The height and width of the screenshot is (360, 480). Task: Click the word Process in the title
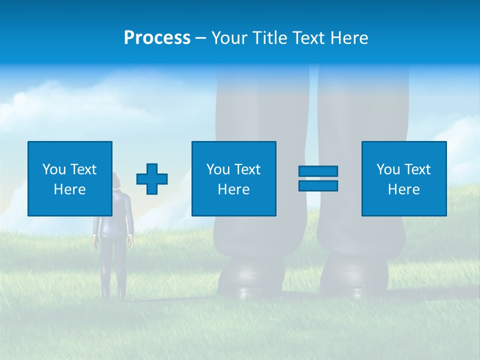pyautogui.click(x=157, y=38)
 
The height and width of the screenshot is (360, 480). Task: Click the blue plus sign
pyautogui.click(x=152, y=179)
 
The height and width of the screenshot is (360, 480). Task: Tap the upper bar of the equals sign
pyautogui.click(x=318, y=171)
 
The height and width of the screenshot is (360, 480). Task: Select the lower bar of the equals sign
pyautogui.click(x=318, y=185)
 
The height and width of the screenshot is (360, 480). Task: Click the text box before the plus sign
pyautogui.click(x=70, y=178)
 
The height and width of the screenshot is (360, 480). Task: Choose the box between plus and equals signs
pyautogui.click(x=234, y=178)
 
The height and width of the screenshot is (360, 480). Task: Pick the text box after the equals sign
pyautogui.click(x=404, y=178)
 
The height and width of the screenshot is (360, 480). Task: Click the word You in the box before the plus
pyautogui.click(x=54, y=169)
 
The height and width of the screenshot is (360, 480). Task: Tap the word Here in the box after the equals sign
pyautogui.click(x=404, y=189)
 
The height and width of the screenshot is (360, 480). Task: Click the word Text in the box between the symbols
pyautogui.click(x=248, y=169)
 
